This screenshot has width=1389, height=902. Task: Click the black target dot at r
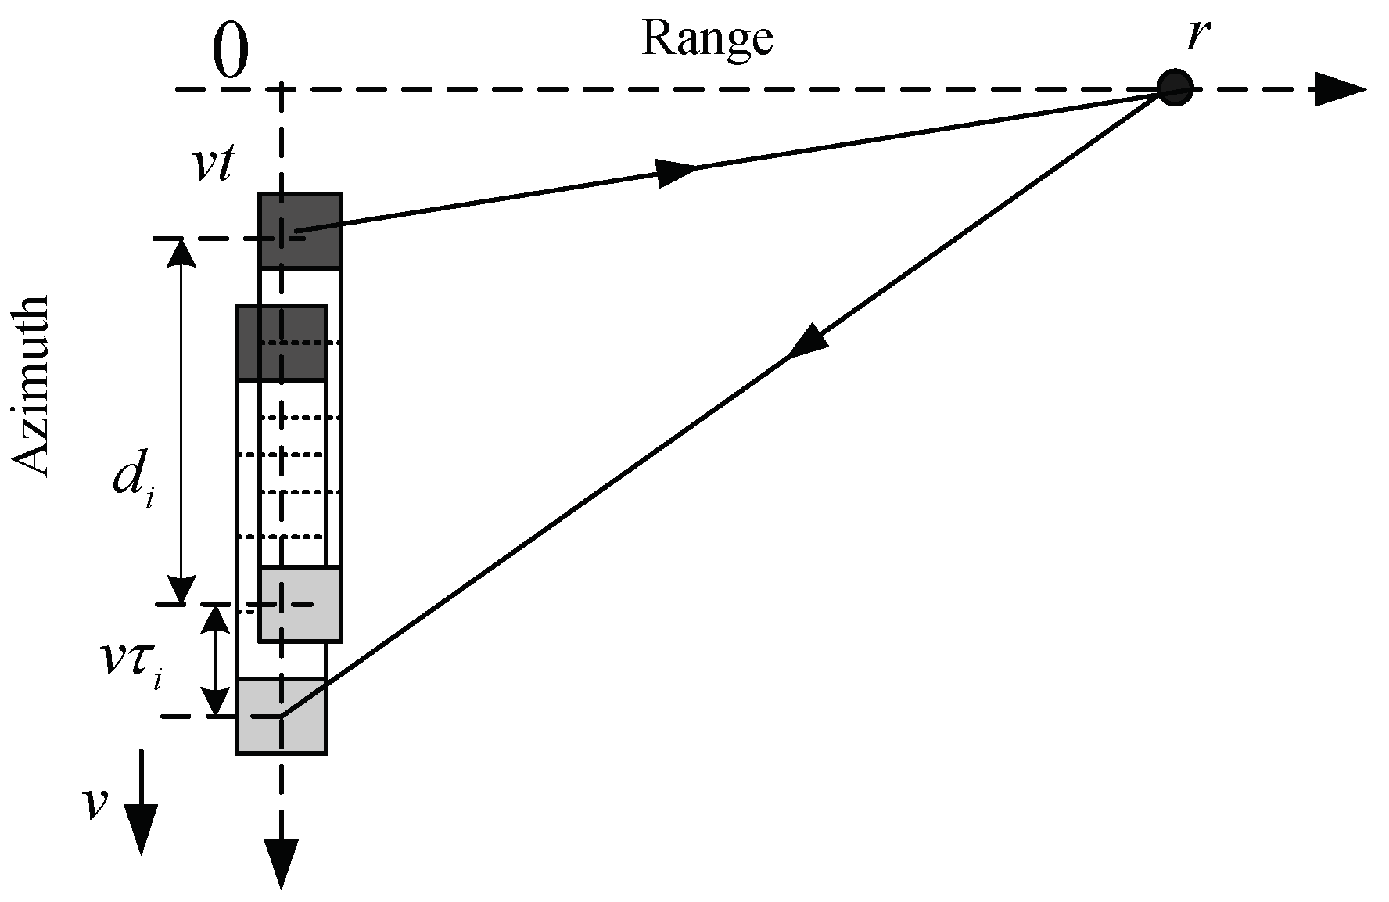[1175, 86]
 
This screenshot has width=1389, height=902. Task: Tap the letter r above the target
[1196, 35]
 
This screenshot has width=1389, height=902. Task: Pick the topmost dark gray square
[300, 231]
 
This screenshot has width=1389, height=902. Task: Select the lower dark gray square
[281, 343]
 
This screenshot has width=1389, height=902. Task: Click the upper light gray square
[300, 603]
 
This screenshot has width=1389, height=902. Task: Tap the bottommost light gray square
[281, 716]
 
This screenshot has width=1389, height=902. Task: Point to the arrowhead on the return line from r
[807, 343]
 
